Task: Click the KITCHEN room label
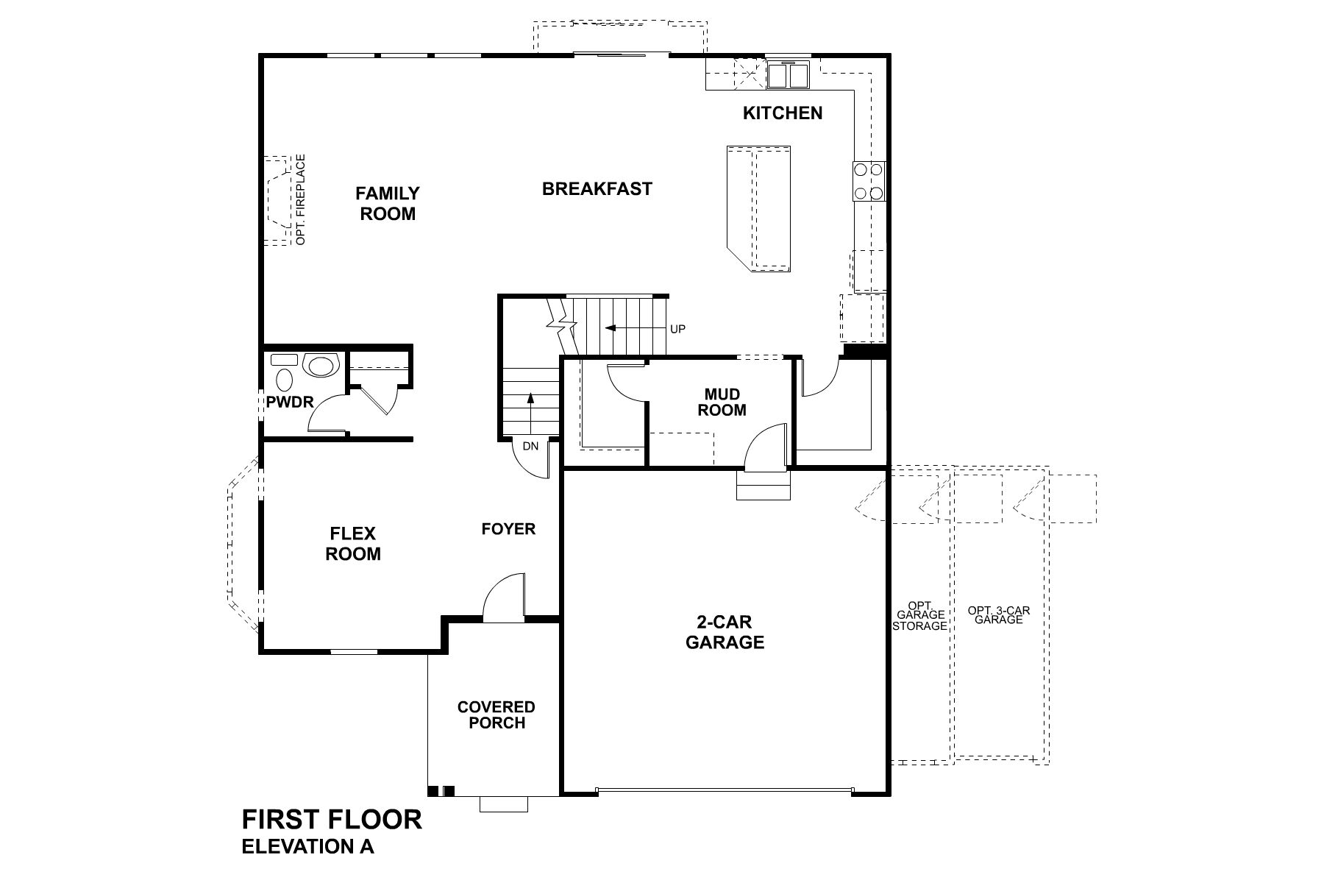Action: click(782, 113)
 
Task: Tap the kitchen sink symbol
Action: click(788, 74)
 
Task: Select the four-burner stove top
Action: click(868, 181)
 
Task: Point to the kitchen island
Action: click(759, 208)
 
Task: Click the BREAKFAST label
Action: click(597, 189)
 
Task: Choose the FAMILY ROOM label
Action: click(388, 204)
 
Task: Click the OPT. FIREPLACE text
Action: click(300, 199)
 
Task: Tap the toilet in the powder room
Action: click(284, 380)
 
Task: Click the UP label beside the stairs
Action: click(677, 329)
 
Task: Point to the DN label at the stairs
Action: click(530, 447)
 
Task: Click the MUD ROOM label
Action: click(722, 403)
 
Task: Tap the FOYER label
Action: click(508, 529)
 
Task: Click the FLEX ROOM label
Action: click(353, 544)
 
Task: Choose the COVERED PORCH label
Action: click(496, 714)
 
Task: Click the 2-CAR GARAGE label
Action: click(725, 632)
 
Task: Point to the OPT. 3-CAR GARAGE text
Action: click(998, 615)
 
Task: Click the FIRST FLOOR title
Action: click(332, 819)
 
